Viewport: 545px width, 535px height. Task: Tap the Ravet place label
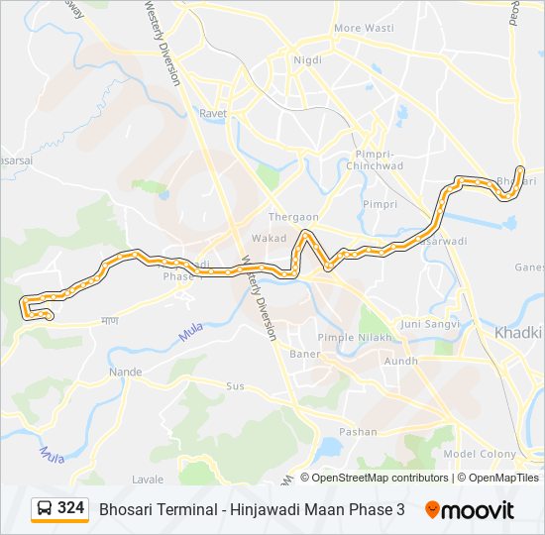tap(212, 114)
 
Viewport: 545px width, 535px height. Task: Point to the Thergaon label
tap(293, 217)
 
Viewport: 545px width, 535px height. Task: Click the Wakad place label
tap(268, 239)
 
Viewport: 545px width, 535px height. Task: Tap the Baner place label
tap(303, 354)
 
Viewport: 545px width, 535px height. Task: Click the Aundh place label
tap(401, 362)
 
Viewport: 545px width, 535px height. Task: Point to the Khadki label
tap(518, 333)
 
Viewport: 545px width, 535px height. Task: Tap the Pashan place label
tap(358, 432)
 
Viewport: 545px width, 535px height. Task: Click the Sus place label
tap(235, 385)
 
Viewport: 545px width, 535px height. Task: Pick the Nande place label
tap(126, 372)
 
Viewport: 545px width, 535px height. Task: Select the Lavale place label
tap(148, 480)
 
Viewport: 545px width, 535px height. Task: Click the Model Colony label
tap(480, 454)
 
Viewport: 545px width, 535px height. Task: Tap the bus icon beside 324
tap(45, 509)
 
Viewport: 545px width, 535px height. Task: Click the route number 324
tap(70, 508)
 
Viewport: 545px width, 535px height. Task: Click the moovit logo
tap(470, 510)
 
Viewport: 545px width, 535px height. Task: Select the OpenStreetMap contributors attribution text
tap(381, 478)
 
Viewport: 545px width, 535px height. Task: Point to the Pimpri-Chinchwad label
tap(375, 160)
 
